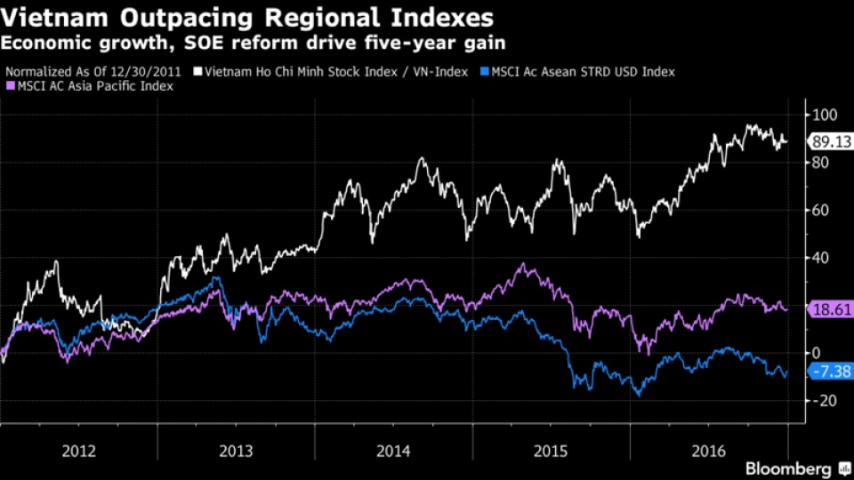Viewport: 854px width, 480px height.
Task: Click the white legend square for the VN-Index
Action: tap(198, 71)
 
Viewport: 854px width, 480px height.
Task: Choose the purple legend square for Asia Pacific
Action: tap(11, 86)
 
